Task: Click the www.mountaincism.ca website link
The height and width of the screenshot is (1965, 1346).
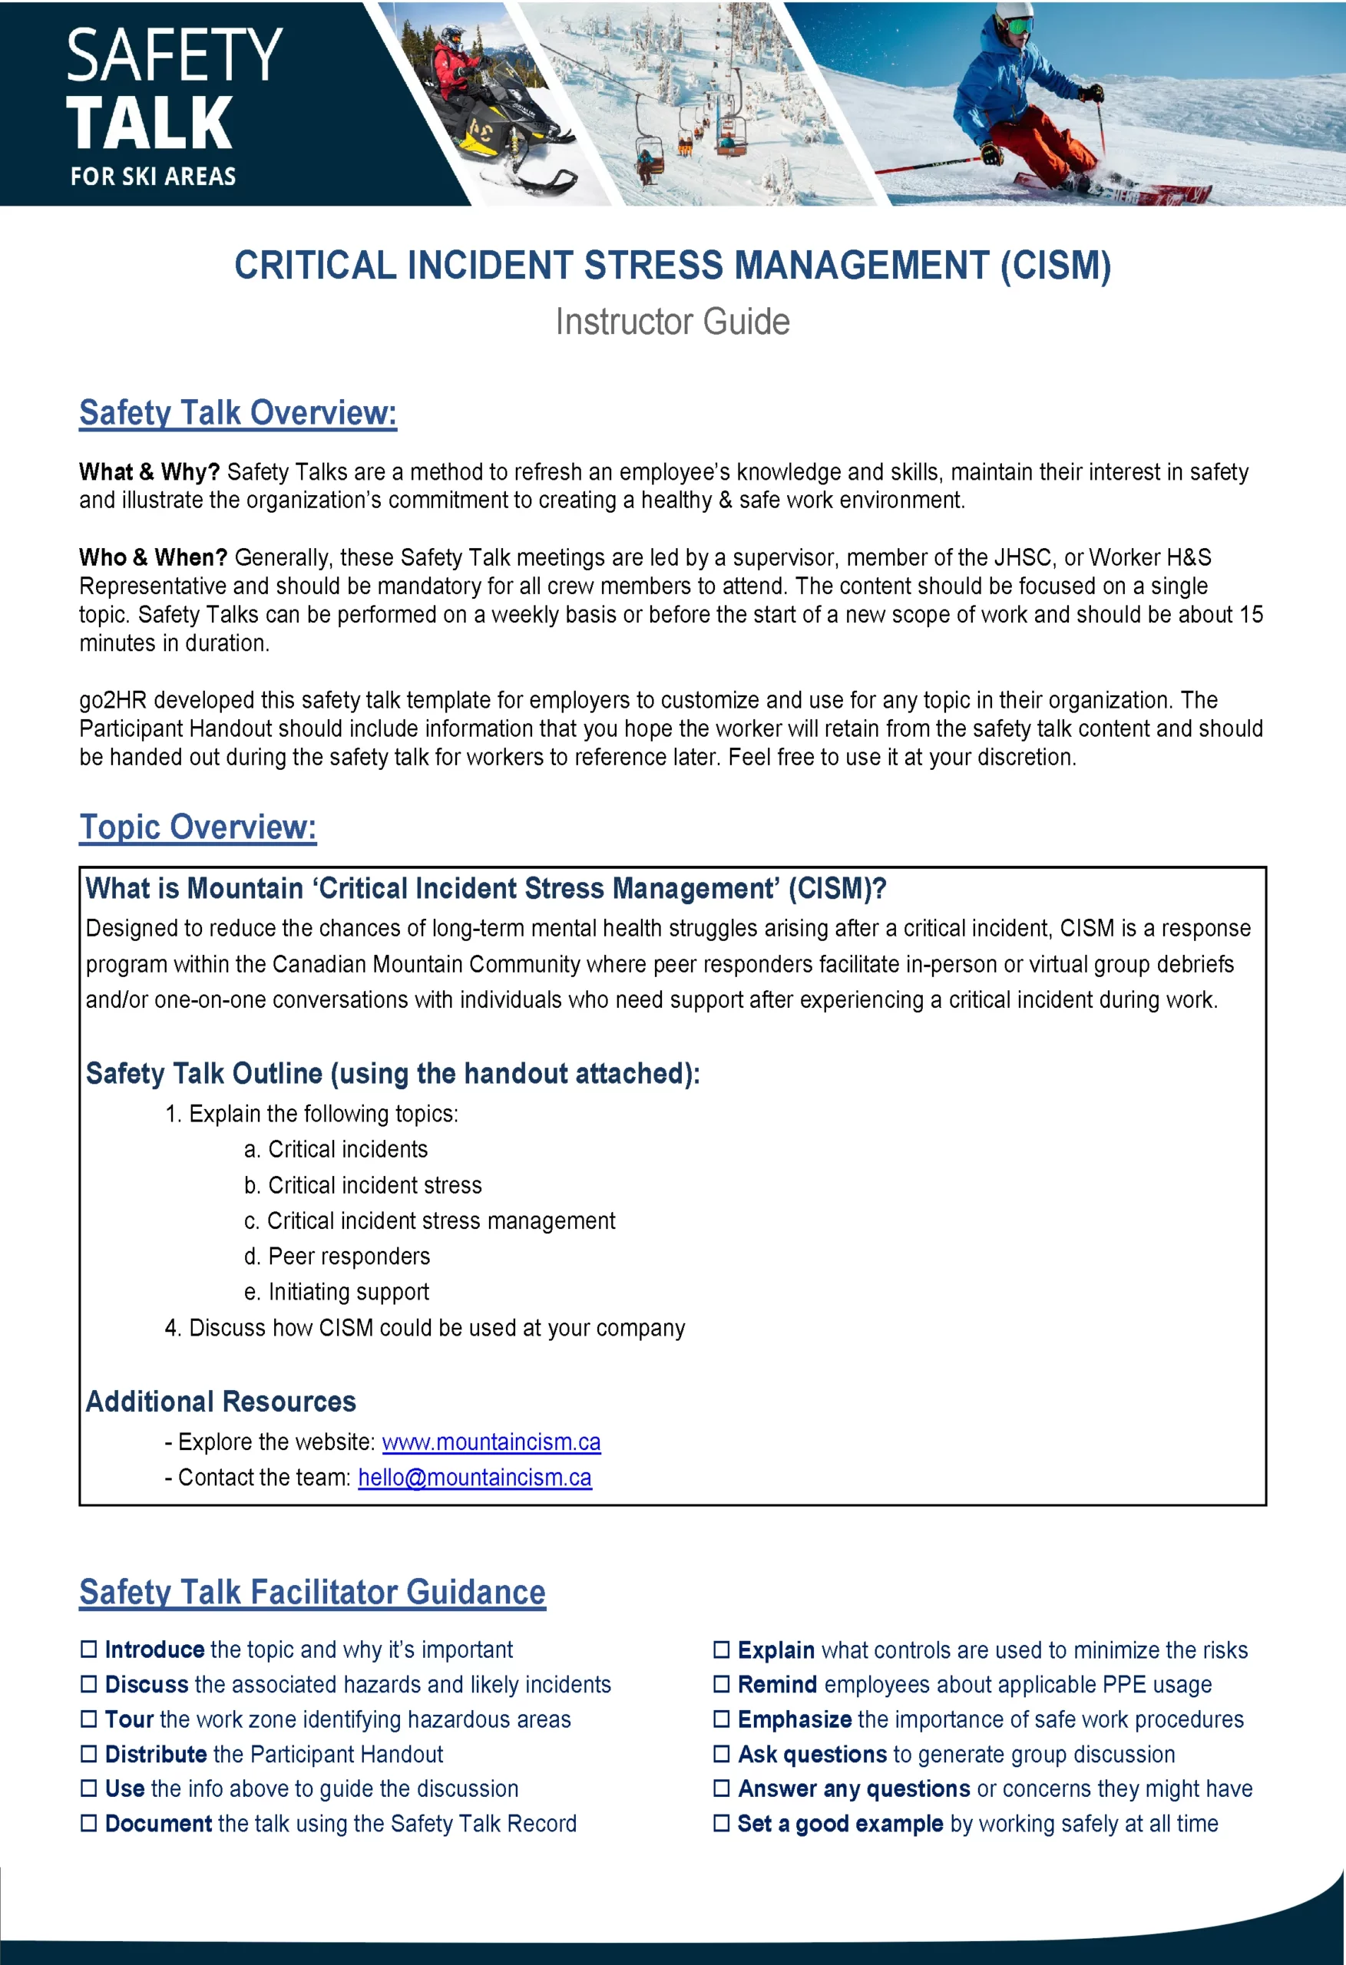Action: tap(491, 1442)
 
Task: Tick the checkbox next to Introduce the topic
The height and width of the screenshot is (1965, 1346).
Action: tap(89, 1649)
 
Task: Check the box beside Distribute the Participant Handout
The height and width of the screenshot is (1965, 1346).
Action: tap(89, 1754)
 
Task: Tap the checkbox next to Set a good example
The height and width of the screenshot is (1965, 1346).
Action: tap(721, 1823)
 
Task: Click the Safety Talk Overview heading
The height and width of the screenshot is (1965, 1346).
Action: tap(238, 413)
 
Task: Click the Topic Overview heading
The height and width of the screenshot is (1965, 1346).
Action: tap(198, 827)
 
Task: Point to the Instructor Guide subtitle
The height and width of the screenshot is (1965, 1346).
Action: tap(672, 322)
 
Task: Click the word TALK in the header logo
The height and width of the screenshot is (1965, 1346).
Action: tap(149, 124)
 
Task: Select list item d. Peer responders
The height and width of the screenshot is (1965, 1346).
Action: tap(337, 1257)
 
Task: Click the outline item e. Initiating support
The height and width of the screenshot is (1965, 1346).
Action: tap(337, 1292)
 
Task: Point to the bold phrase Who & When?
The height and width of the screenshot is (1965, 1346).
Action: tap(153, 557)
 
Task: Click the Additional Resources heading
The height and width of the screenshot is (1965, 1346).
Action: tap(221, 1401)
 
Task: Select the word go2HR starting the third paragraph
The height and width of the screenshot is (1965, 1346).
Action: tap(113, 700)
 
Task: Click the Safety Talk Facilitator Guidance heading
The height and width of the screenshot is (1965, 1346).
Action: tap(313, 1592)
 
